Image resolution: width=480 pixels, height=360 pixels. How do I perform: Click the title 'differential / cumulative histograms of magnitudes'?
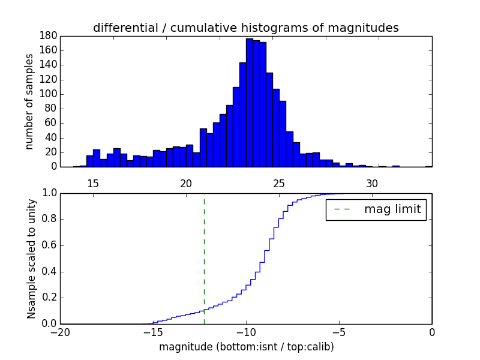click(245, 28)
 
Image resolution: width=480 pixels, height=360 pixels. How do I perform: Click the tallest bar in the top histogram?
click(250, 102)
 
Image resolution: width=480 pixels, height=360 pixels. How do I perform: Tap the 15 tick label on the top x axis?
click(93, 183)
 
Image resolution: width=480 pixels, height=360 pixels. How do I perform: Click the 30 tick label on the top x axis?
click(372, 183)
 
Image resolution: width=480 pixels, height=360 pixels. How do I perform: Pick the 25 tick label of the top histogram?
click(279, 183)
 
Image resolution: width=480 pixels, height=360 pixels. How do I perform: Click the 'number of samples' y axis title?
click(29, 101)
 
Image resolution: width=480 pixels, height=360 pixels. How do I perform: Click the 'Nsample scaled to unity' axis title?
click(31, 258)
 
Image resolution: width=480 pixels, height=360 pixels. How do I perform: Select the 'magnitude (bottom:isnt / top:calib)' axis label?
click(246, 347)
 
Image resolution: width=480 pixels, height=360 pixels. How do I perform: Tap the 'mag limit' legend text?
click(392, 209)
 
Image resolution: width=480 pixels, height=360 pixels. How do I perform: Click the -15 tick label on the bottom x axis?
click(153, 332)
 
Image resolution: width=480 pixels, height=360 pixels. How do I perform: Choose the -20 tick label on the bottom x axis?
click(60, 332)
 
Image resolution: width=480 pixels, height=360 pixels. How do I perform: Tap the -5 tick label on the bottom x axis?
click(339, 332)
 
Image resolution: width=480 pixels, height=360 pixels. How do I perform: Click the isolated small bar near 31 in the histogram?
click(396, 166)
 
